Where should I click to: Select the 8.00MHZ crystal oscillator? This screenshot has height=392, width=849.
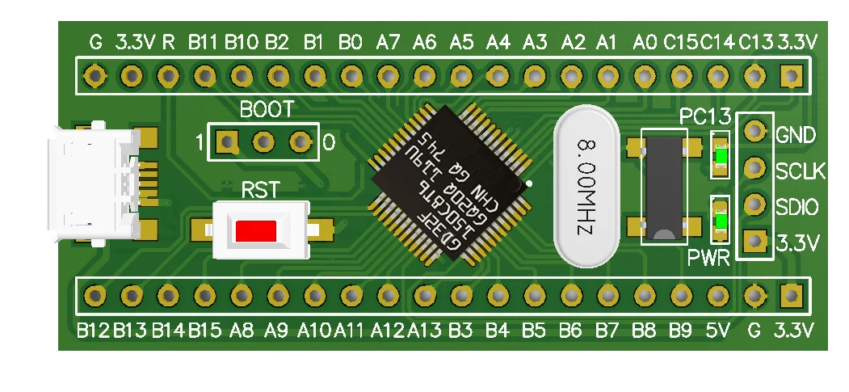click(585, 186)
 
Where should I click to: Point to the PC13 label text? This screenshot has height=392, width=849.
click(704, 115)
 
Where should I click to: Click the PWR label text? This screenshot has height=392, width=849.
click(709, 259)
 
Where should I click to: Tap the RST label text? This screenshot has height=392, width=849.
click(261, 191)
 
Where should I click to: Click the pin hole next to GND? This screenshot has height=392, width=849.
click(754, 131)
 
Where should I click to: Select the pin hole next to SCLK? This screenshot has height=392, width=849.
click(754, 168)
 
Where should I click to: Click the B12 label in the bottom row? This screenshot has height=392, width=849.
click(94, 330)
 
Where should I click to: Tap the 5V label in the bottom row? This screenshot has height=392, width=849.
click(717, 330)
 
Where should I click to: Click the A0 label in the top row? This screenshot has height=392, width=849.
click(645, 40)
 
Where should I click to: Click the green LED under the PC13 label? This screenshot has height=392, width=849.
click(719, 154)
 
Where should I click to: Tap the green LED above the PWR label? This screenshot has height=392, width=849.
click(719, 221)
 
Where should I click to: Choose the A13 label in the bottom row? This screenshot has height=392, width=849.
click(424, 330)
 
